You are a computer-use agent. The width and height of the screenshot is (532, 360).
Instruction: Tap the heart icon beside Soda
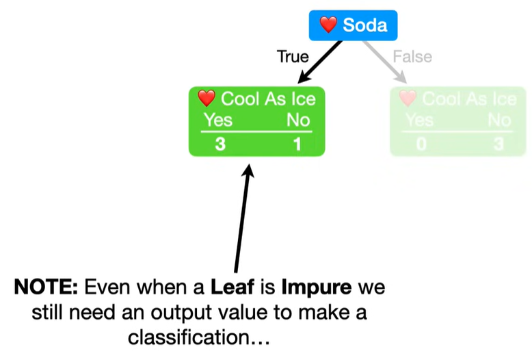329,25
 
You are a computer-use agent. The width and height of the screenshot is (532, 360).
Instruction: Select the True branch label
293,56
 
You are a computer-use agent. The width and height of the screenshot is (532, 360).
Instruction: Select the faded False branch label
412,56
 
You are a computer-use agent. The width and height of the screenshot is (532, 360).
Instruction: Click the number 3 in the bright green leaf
220,144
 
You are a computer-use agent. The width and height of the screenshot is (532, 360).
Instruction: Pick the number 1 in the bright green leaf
297,144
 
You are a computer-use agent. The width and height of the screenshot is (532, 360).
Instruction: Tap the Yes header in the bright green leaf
219,120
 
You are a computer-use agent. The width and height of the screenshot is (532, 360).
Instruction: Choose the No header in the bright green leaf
297,120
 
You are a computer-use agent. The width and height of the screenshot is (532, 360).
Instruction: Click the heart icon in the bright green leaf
206,99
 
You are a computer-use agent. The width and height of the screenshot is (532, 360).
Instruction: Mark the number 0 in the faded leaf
421,144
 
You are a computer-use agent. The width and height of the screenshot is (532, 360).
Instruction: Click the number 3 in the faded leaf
498,144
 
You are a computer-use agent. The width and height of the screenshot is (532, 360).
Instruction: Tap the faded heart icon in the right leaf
408,99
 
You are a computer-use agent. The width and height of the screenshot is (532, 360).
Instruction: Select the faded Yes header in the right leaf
419,120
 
